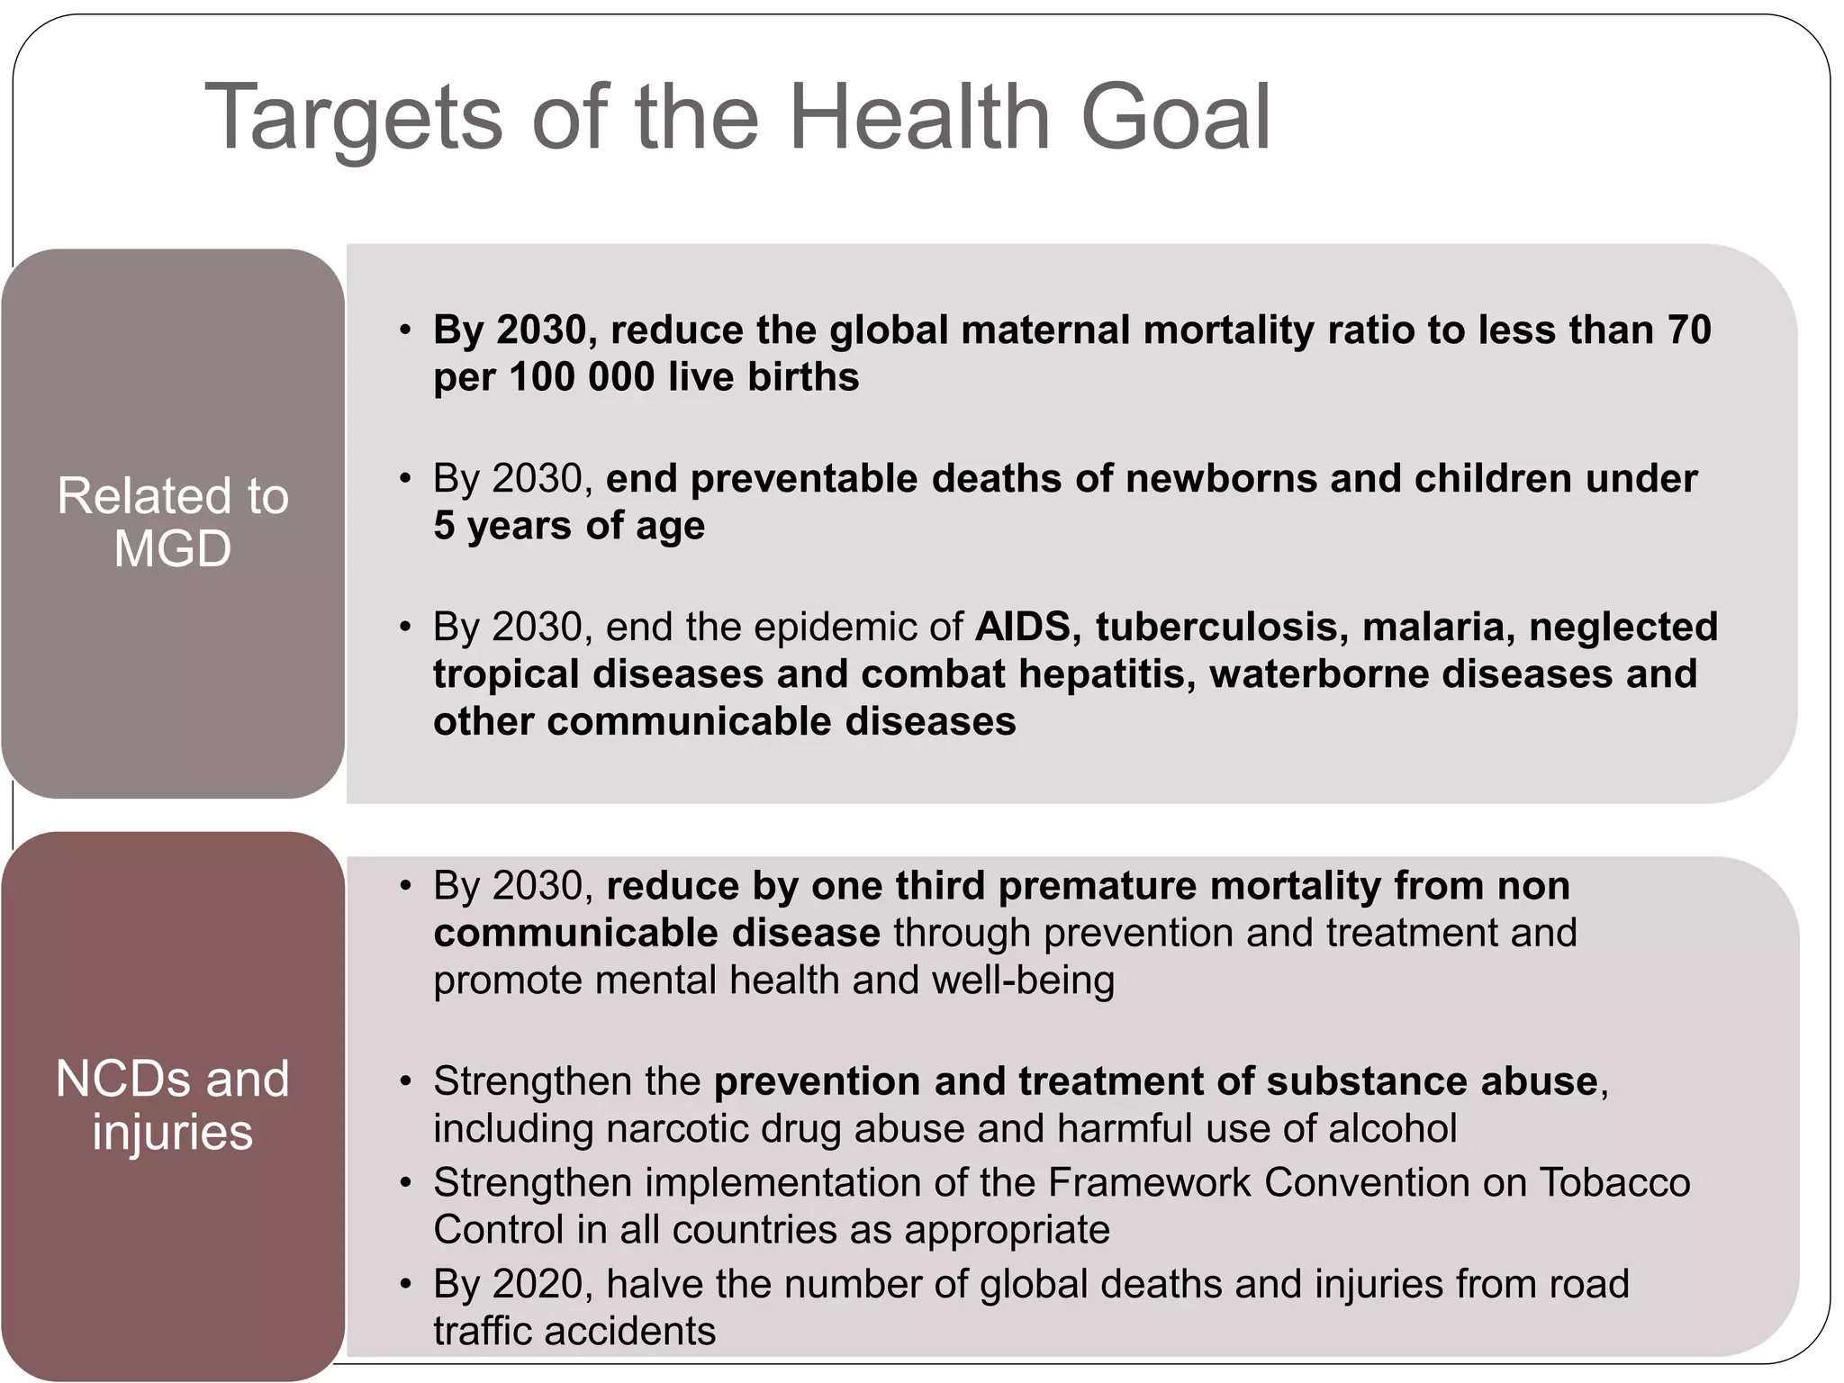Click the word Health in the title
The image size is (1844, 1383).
click(x=919, y=117)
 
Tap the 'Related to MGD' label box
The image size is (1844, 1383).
click(x=173, y=522)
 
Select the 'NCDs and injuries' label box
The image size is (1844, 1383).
click(x=173, y=1105)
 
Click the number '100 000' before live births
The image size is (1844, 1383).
click(x=582, y=376)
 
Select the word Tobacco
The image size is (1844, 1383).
click(x=1614, y=1182)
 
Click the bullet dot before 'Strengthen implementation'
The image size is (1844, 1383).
click(x=406, y=1182)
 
